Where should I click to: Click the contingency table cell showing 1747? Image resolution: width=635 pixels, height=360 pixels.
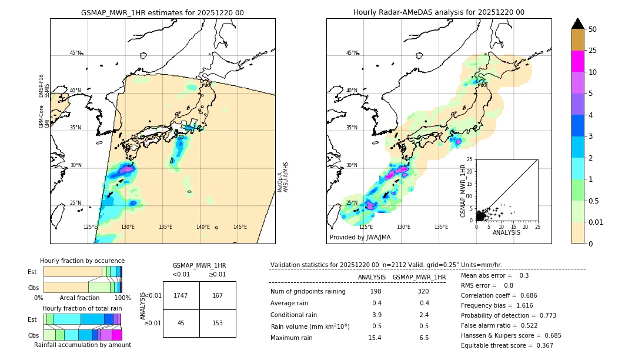pyautogui.click(x=181, y=295)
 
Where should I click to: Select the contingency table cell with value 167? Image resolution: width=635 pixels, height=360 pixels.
pyautogui.click(x=218, y=295)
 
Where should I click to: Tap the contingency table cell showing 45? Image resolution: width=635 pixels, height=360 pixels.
pyautogui.click(x=181, y=323)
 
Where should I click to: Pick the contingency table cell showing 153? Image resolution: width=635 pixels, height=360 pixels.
pyautogui.click(x=218, y=323)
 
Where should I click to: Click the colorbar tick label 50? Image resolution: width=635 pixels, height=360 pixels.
pyautogui.click(x=593, y=29)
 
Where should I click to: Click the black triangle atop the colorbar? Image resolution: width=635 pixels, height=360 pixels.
pyautogui.click(x=577, y=24)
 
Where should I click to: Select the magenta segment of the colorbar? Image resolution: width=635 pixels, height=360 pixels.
pyautogui.click(x=577, y=61)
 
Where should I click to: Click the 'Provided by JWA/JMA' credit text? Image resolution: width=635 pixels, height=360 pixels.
pyautogui.click(x=360, y=238)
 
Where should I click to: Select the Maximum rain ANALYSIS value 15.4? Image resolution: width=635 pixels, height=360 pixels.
pyautogui.click(x=375, y=338)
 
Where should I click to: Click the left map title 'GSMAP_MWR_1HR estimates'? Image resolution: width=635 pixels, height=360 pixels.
pyautogui.click(x=162, y=12)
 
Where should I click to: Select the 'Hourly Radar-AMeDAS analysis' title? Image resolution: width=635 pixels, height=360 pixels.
pyautogui.click(x=439, y=12)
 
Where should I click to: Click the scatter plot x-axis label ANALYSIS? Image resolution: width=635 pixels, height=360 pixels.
pyautogui.click(x=506, y=232)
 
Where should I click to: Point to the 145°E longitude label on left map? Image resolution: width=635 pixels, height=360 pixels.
pyautogui.click(x=239, y=227)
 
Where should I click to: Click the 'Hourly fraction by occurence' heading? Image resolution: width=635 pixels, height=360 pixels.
pyautogui.click(x=82, y=261)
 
